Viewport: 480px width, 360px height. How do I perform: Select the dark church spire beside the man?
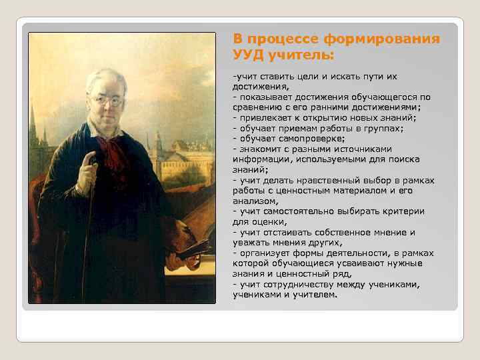click(33, 127)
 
